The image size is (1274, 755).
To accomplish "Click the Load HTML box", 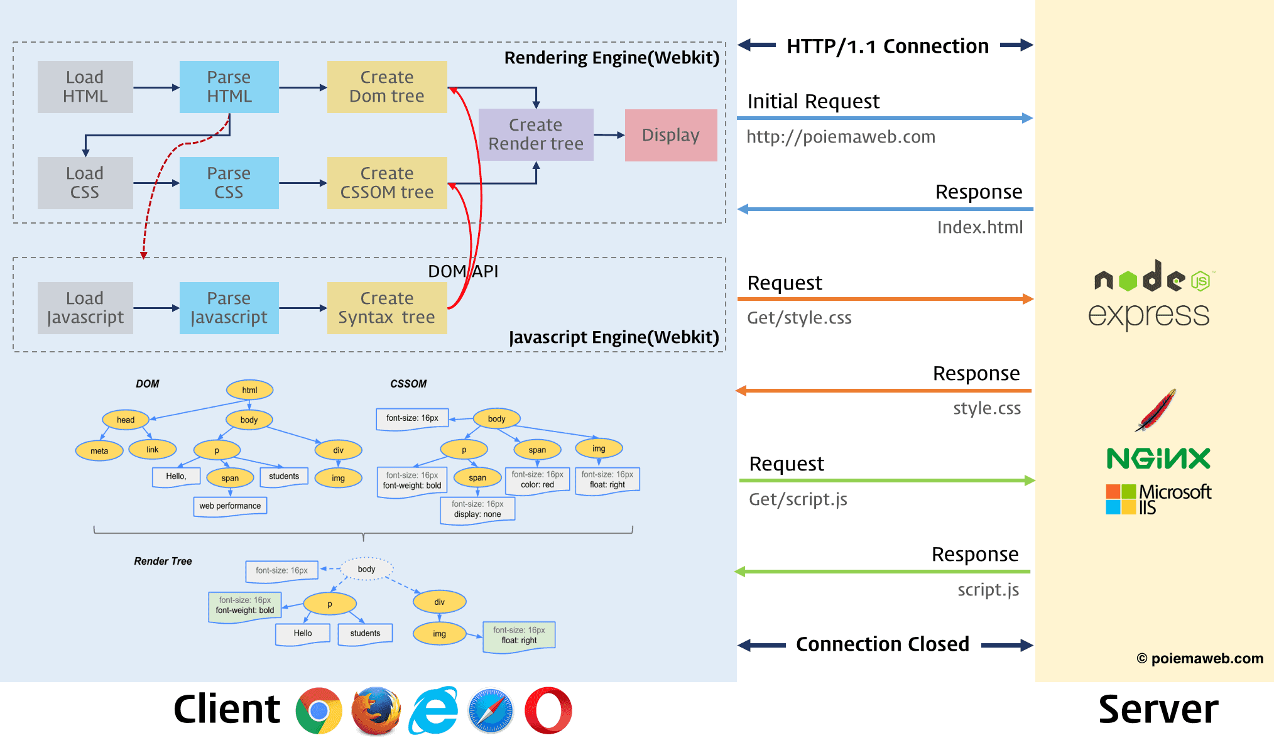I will pyautogui.click(x=85, y=87).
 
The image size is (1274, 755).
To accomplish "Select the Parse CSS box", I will pyautogui.click(x=229, y=183).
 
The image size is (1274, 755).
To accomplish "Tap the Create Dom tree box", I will pyautogui.click(x=387, y=87).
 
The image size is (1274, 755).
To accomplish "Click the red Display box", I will pyautogui.click(x=671, y=135).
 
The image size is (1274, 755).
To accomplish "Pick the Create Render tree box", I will pyautogui.click(x=536, y=134).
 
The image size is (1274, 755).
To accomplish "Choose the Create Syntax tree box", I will pyautogui.click(x=387, y=308).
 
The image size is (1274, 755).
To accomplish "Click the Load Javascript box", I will pyautogui.click(x=85, y=308).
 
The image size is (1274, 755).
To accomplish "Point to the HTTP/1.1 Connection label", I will pyautogui.click(x=887, y=46).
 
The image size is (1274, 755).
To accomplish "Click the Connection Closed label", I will pyautogui.click(x=883, y=644).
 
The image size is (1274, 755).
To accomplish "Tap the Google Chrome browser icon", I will pyautogui.click(x=319, y=710).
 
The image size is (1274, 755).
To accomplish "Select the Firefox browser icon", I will pyautogui.click(x=376, y=711).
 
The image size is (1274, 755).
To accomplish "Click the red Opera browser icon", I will pyautogui.click(x=548, y=710).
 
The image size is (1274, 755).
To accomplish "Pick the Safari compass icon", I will pyautogui.click(x=491, y=710).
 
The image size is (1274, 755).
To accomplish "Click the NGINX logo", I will pyautogui.click(x=1158, y=459).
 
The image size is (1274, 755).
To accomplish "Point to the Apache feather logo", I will pyautogui.click(x=1156, y=410).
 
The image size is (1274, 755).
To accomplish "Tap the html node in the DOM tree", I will pyautogui.click(x=249, y=390).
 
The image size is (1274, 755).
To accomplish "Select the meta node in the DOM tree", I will pyautogui.click(x=99, y=451).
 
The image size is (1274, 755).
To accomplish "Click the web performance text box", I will pyautogui.click(x=230, y=506).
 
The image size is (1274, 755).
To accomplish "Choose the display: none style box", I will pyautogui.click(x=477, y=509).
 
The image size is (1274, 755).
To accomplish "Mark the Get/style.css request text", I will pyautogui.click(x=799, y=318).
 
